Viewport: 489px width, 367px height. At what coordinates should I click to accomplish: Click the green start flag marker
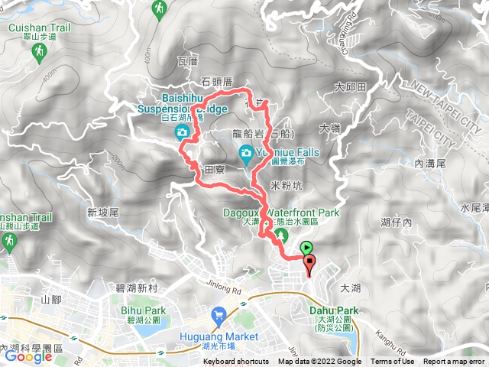coord(306,248)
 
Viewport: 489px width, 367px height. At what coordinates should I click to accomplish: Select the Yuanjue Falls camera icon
coord(246,153)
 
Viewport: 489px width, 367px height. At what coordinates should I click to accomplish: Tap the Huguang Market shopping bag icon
coord(219,313)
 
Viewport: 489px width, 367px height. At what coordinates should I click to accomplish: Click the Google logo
coord(28,356)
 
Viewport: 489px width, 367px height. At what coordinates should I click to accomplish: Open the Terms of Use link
coord(392,362)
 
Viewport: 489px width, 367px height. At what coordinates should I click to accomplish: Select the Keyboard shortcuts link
coord(235,362)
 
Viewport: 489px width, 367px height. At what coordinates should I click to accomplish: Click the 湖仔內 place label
coord(396,221)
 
